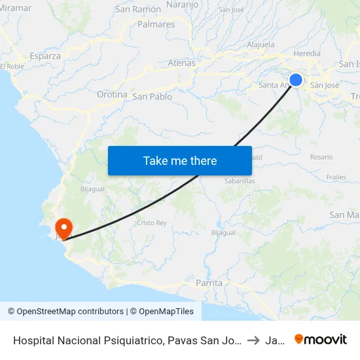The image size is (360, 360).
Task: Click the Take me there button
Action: tap(180, 160)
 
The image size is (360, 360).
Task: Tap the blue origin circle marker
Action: tap(296, 80)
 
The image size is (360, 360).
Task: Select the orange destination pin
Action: tap(64, 228)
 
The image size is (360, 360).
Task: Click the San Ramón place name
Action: tap(137, 9)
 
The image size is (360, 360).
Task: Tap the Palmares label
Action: tap(156, 24)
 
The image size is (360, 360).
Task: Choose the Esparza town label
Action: tap(45, 56)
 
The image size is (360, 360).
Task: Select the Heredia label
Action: tap(307, 54)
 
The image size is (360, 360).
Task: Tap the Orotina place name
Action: tap(112, 95)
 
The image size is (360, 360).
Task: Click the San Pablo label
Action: tap(153, 97)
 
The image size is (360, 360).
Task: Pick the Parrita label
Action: tap(209, 283)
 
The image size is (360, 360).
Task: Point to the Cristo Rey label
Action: tap(152, 223)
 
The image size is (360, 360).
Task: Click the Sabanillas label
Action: tap(239, 181)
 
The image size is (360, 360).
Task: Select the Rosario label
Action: tap(321, 157)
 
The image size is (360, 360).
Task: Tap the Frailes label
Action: tap(336, 177)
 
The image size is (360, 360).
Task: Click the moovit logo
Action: tap(321, 339)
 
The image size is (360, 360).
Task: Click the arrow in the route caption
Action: tap(253, 340)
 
